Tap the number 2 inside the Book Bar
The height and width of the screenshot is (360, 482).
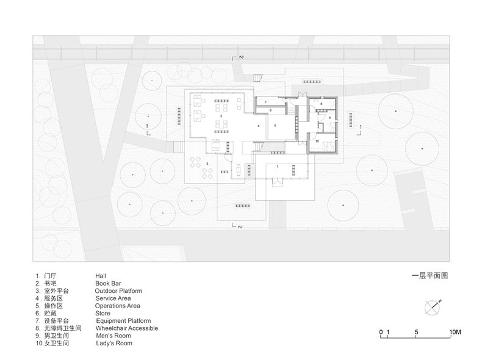(x=221, y=115)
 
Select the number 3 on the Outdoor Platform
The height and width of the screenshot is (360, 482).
(x=207, y=164)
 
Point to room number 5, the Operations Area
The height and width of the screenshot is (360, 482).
(x=275, y=126)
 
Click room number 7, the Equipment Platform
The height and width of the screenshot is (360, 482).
(x=265, y=102)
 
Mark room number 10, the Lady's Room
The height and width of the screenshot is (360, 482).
(x=317, y=141)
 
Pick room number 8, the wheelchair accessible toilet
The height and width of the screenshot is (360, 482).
(x=321, y=105)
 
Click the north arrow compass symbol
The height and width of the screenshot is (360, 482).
(x=434, y=306)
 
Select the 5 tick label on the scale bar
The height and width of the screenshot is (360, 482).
(x=416, y=333)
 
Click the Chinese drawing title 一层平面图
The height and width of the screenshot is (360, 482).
(x=430, y=276)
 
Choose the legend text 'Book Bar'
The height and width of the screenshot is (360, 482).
(x=108, y=284)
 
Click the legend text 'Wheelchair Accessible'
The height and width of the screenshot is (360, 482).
(x=127, y=328)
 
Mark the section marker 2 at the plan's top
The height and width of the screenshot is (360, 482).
(x=240, y=57)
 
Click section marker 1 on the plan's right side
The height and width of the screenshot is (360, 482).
(x=360, y=126)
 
